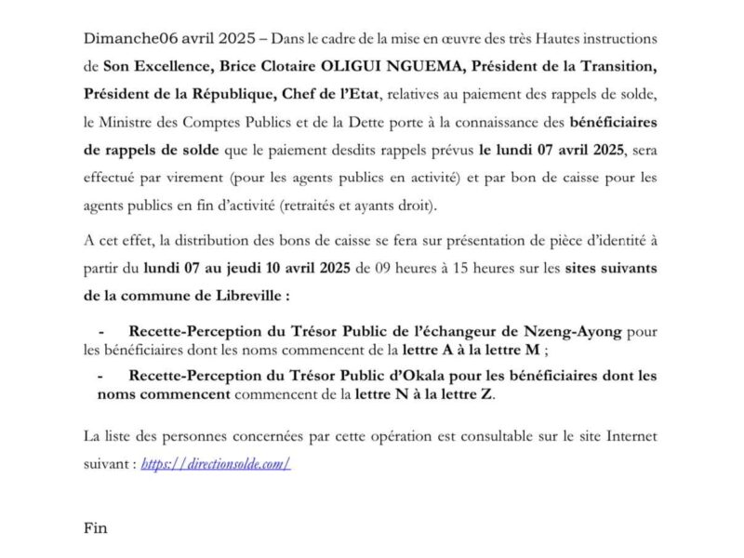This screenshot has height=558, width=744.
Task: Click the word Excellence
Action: (x=174, y=66)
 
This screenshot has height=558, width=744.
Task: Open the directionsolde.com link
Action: (x=216, y=463)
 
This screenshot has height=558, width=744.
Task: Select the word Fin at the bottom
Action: (x=96, y=529)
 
